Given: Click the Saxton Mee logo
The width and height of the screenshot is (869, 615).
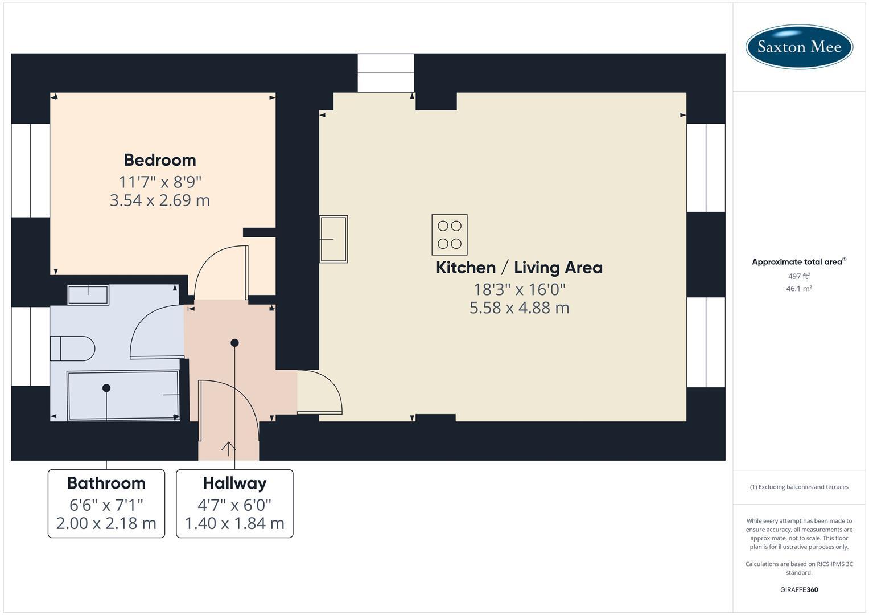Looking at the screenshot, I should point(798,47).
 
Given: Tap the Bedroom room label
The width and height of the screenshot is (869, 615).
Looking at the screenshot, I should point(160,160).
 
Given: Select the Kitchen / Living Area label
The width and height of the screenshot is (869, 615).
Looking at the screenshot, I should point(519,268).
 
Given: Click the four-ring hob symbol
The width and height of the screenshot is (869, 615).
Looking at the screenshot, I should point(450,235).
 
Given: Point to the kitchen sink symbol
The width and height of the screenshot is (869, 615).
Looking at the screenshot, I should point(333,239).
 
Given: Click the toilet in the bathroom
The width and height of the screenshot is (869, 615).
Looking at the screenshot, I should point(72,348).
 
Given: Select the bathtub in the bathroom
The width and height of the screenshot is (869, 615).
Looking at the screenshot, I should point(123,395).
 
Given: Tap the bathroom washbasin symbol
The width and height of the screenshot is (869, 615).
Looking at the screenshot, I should point(88,295).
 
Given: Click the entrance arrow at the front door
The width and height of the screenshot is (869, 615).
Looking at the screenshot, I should point(228,448).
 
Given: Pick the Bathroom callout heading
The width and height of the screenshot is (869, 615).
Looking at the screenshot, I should point(106,483).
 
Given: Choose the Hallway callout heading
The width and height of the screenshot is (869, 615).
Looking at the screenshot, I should point(234,483).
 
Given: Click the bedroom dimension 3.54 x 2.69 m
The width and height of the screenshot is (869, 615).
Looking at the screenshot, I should point(160,200).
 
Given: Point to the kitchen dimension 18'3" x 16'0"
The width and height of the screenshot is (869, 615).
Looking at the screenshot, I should point(520,289).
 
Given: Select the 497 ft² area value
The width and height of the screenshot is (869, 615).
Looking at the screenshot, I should point(799,276).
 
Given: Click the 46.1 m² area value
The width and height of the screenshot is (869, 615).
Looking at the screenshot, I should point(799,289).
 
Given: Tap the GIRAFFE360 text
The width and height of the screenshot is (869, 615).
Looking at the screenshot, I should point(799,589).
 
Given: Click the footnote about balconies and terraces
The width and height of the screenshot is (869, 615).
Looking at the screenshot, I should point(799,487).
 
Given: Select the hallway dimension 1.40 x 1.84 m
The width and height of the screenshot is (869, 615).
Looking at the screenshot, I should point(234,523).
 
